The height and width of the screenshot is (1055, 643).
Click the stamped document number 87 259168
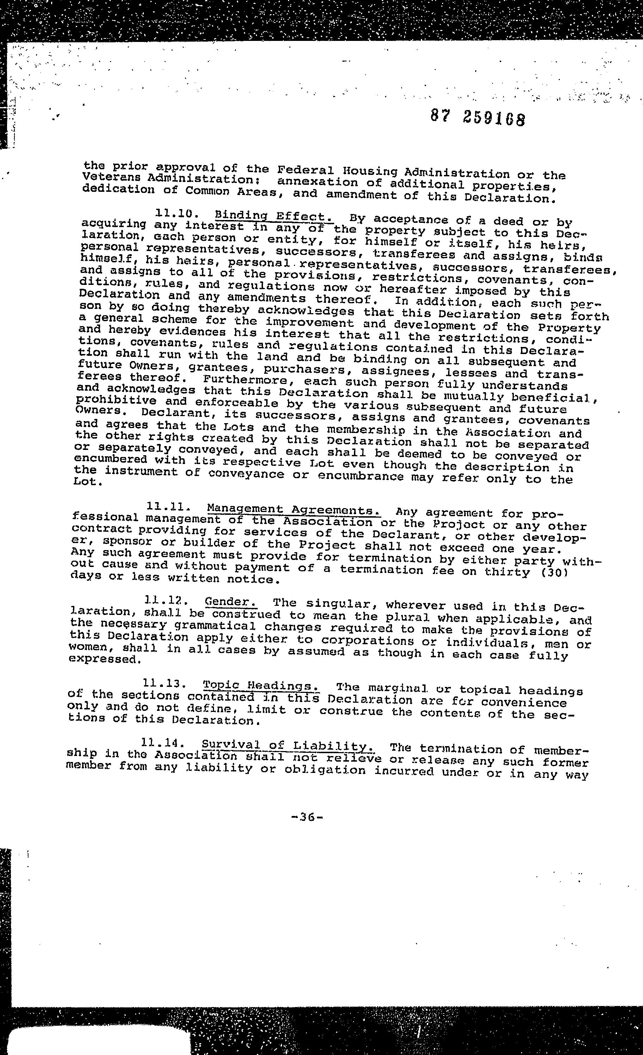tap(477, 118)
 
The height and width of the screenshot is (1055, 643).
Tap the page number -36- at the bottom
tap(306, 817)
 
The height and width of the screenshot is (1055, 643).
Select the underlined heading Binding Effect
tap(274, 216)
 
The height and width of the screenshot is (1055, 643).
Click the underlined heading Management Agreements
tap(294, 510)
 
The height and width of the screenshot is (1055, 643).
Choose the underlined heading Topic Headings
tap(261, 685)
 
